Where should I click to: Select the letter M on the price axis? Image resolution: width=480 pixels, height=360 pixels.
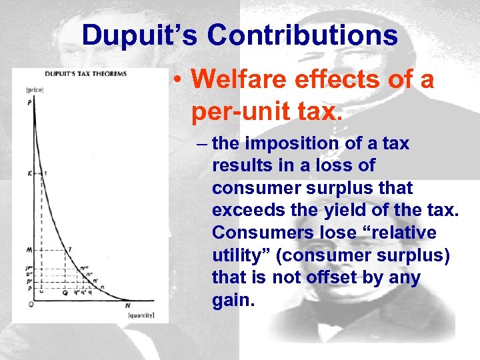[x=30, y=250]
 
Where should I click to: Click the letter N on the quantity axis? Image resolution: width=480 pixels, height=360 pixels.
[x=127, y=305]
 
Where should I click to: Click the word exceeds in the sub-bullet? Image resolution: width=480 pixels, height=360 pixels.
[x=244, y=211]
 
